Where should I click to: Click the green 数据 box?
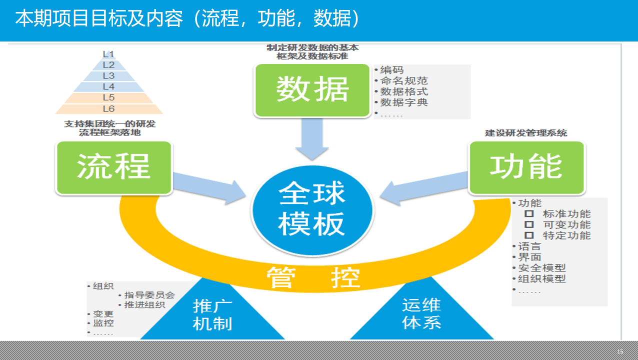click(x=312, y=90)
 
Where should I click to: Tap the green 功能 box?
click(x=526, y=167)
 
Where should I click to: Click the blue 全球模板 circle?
click(x=312, y=208)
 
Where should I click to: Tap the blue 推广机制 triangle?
click(x=213, y=315)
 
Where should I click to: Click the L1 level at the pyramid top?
click(x=108, y=54)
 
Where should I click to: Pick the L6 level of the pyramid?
click(x=108, y=108)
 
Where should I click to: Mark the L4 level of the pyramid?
click(x=108, y=86)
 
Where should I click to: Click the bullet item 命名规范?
click(x=404, y=80)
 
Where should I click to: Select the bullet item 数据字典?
click(x=404, y=102)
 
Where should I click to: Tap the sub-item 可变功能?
click(x=566, y=224)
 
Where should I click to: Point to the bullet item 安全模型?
click(x=541, y=268)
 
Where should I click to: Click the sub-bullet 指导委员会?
click(x=149, y=295)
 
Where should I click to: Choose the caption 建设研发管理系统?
click(x=526, y=133)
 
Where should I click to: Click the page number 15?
click(x=620, y=351)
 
